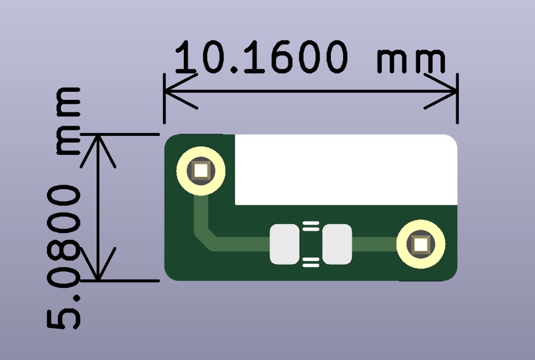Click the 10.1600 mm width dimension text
click(310, 57)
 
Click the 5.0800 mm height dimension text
click(64, 208)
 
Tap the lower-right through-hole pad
click(421, 244)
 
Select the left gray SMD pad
click(285, 244)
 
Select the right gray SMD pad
click(337, 244)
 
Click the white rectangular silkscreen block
click(346, 170)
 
